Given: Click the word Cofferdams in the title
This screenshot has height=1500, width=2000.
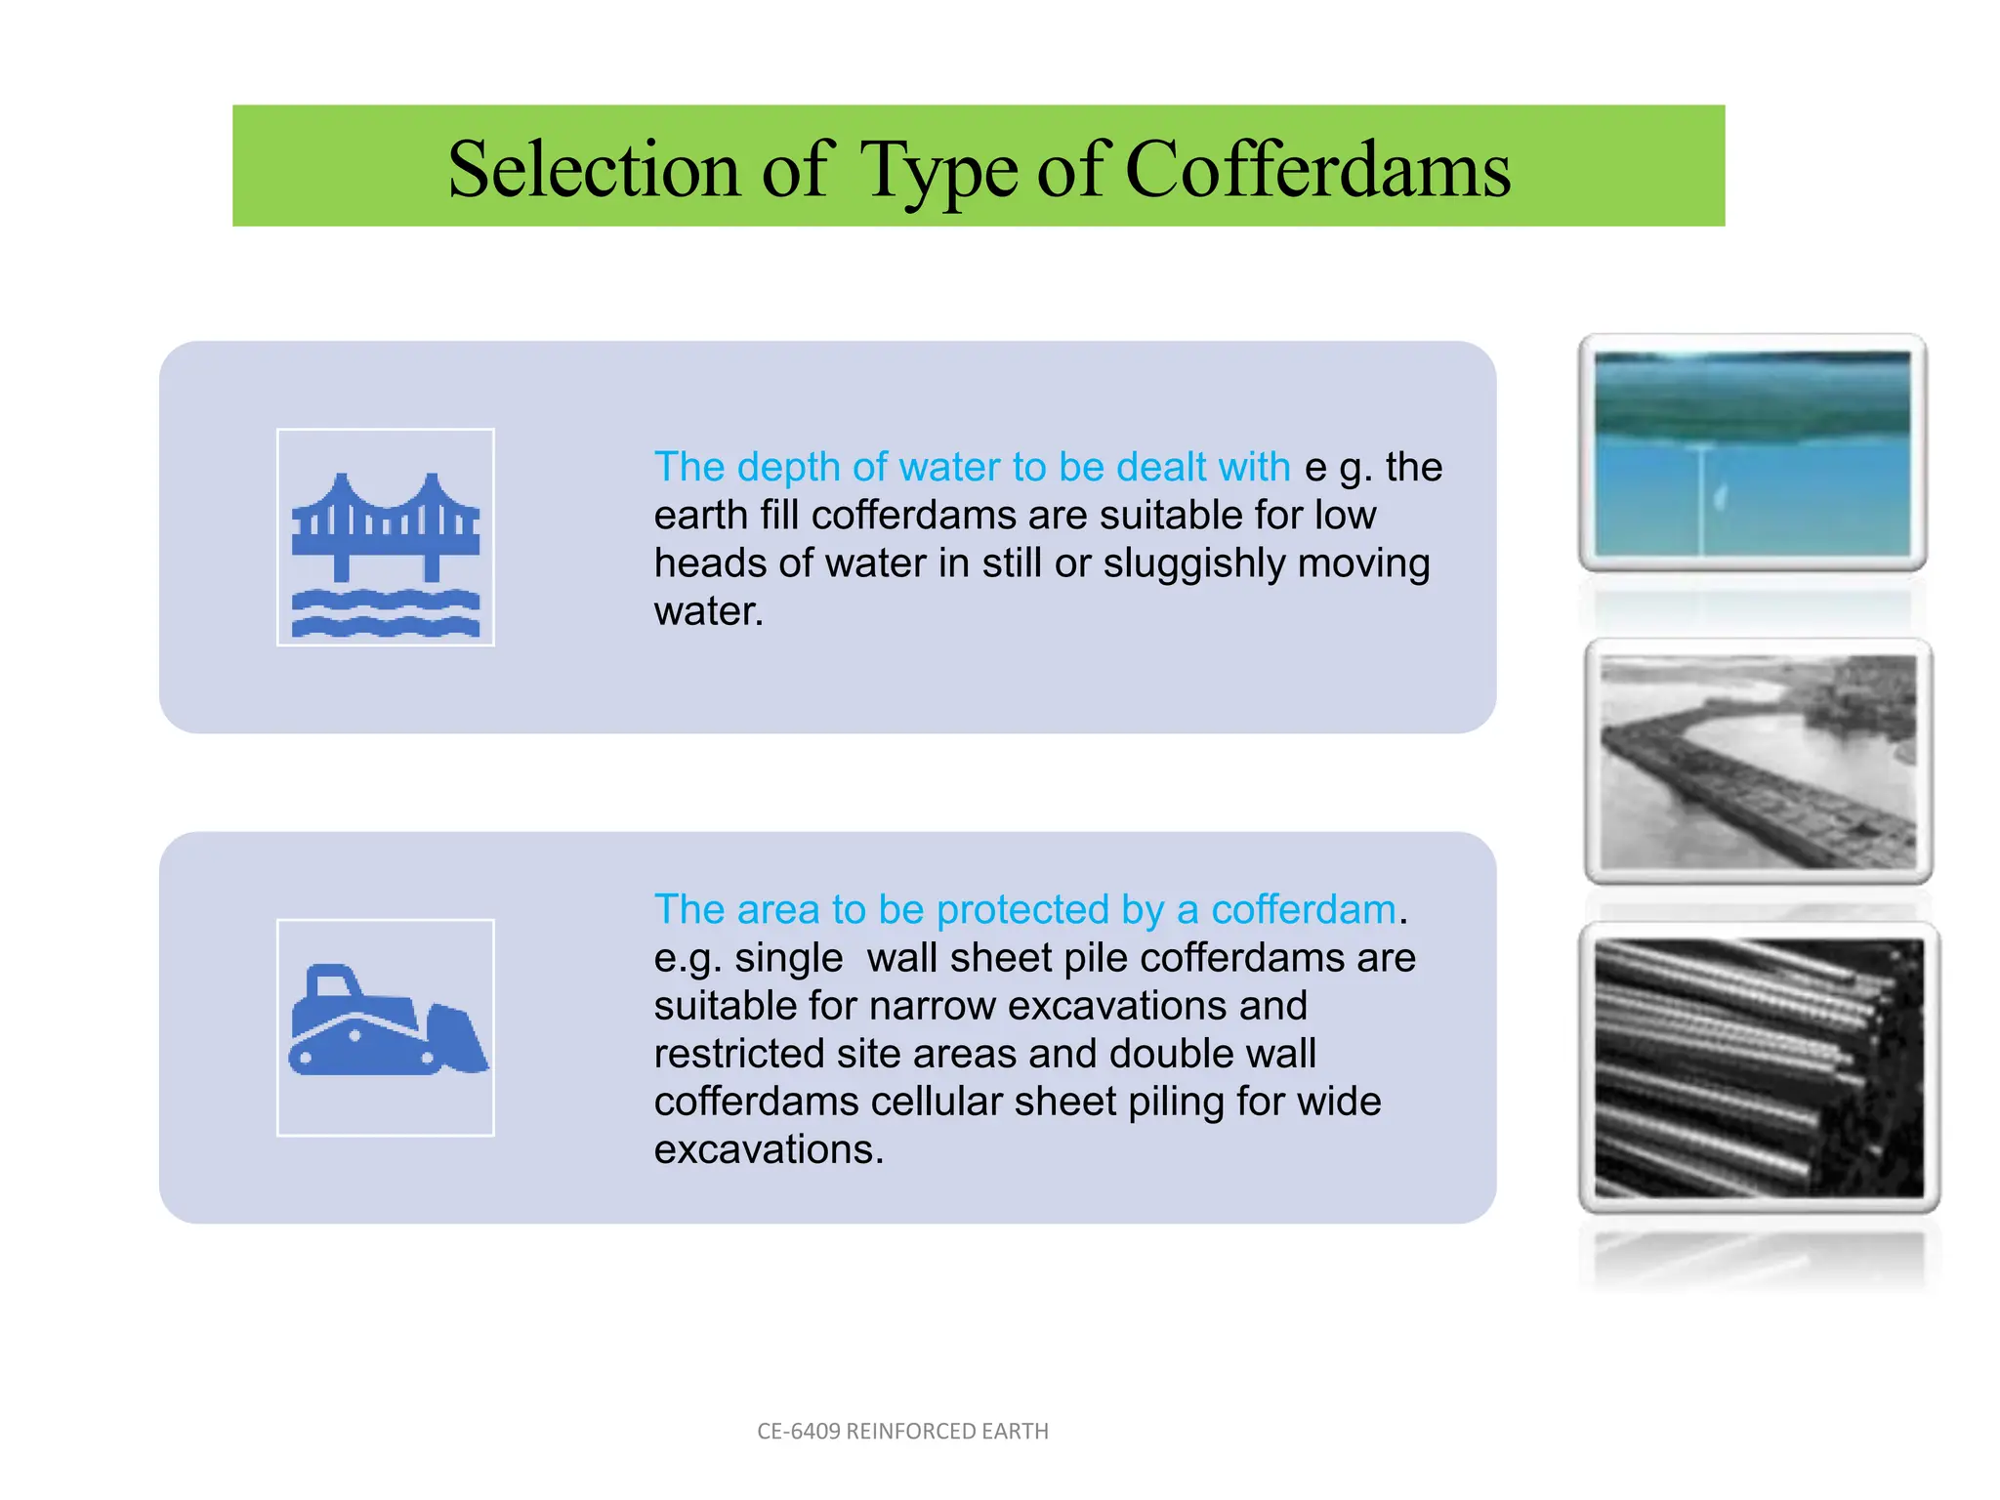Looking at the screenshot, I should (x=1317, y=169).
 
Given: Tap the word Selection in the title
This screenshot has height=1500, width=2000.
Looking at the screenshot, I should (x=593, y=169).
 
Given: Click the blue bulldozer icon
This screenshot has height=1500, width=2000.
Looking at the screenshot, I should (x=385, y=1024).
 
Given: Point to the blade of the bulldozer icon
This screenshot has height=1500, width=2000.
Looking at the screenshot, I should (x=456, y=1040).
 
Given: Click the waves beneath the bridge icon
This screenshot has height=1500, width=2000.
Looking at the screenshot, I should (x=385, y=614).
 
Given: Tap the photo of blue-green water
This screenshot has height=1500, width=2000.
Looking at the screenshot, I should (x=1752, y=453).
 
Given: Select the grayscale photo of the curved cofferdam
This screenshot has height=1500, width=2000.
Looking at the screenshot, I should (x=1758, y=761).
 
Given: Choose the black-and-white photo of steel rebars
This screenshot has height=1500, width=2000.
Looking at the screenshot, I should (x=1759, y=1067).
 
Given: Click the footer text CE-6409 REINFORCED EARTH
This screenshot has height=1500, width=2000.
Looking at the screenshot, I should (x=902, y=1432).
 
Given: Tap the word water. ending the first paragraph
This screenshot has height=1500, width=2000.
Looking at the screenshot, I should (x=708, y=612).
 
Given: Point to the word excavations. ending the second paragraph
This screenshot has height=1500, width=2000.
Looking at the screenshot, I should (x=769, y=1149).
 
